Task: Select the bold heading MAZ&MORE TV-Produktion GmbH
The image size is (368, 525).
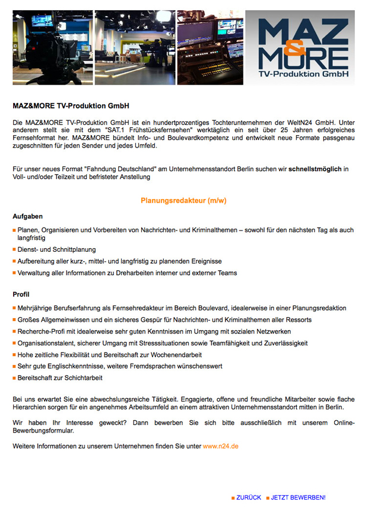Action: pos(71,106)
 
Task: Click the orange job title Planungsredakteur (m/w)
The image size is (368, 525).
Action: pos(183,201)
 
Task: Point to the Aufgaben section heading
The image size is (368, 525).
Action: pos(28,216)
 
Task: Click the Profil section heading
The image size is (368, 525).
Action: pos(21,294)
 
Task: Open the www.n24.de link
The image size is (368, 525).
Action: pos(221,445)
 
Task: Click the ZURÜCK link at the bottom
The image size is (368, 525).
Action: pos(249,498)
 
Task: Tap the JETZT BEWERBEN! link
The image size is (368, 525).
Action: pos(298,498)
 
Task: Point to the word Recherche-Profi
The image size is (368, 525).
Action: pos(42,331)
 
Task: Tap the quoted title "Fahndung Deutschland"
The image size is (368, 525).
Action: pos(121,169)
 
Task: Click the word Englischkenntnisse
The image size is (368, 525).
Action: pos(71,366)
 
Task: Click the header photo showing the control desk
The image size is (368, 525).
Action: pos(210,47)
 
